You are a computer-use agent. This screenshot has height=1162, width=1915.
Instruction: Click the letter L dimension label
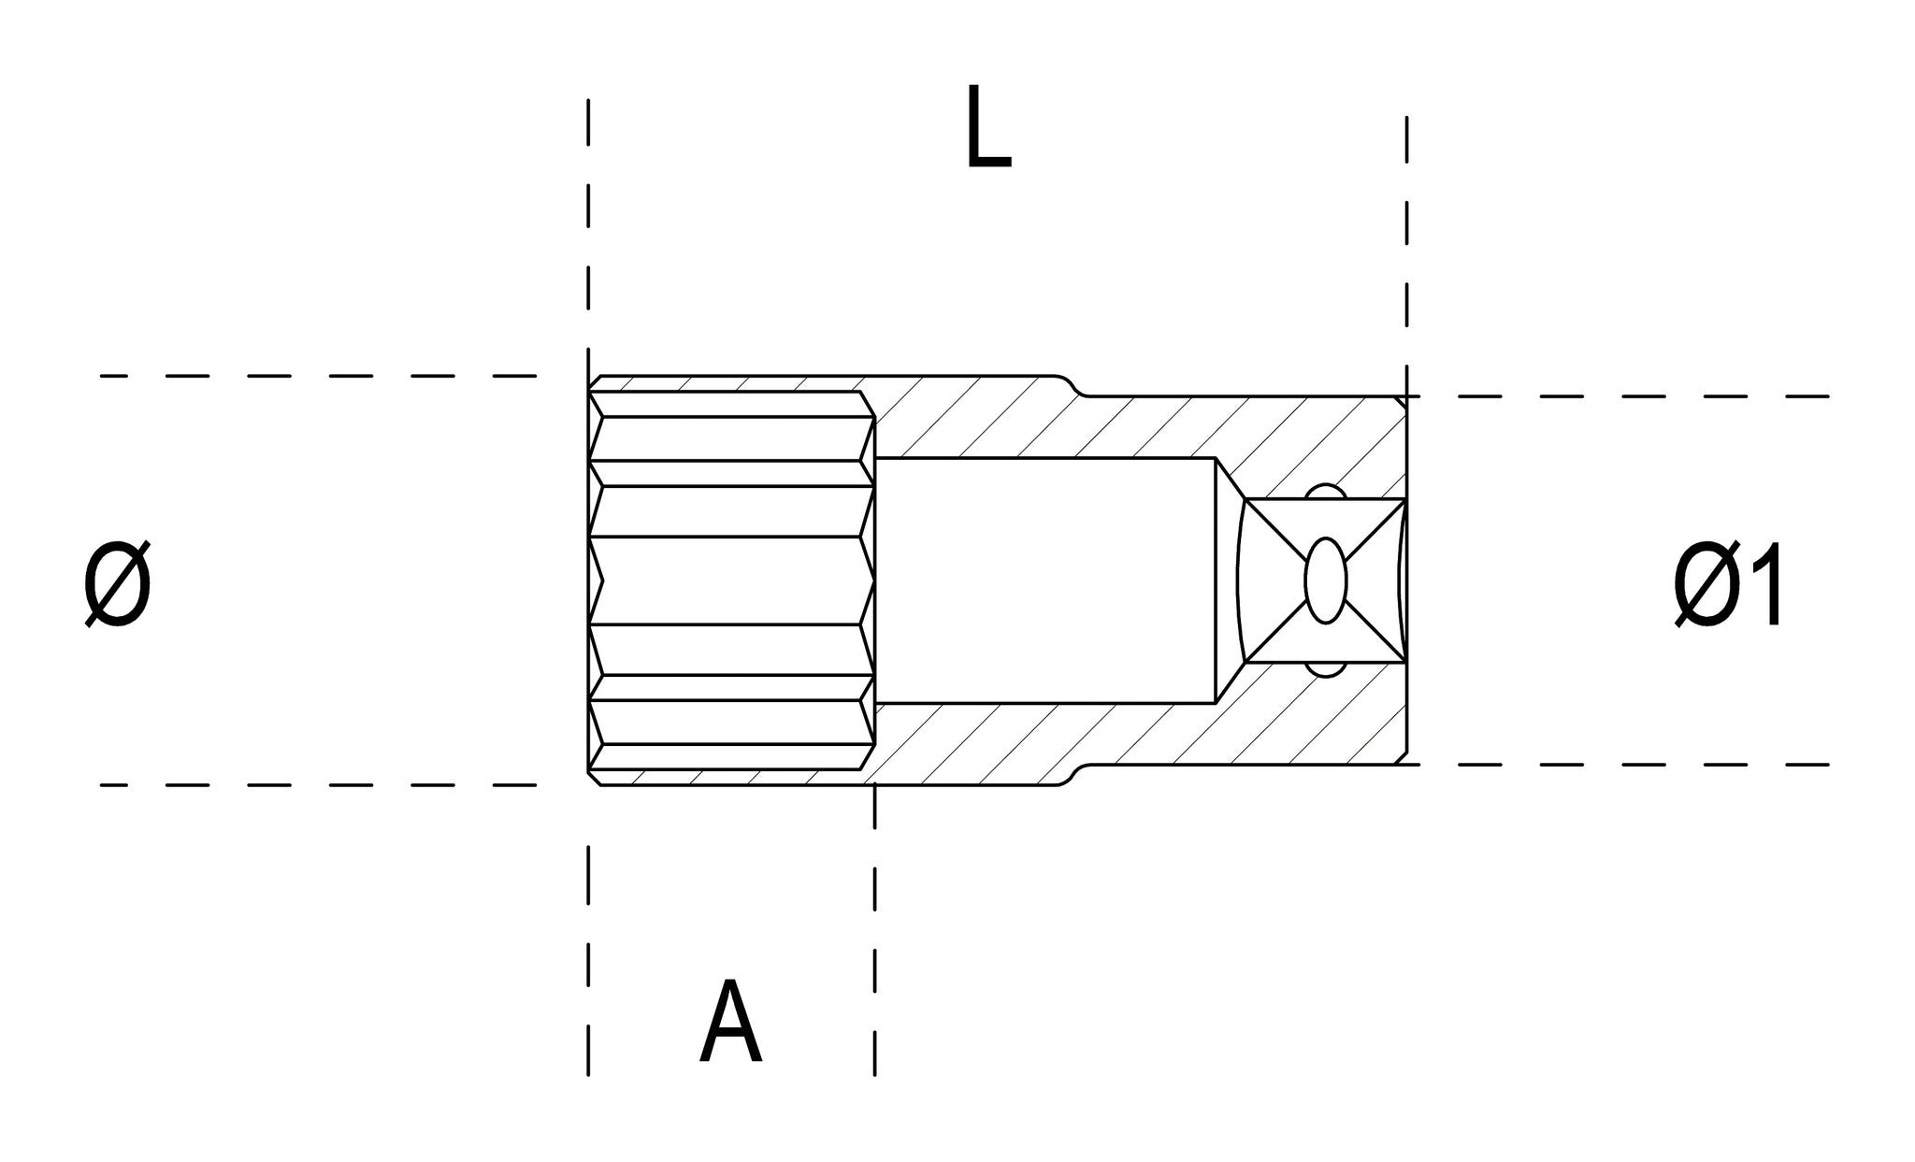pos(987,129)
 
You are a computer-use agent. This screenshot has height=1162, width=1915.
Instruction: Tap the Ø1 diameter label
pos(1729,586)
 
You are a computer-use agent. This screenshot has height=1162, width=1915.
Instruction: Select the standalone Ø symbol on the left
pos(117,586)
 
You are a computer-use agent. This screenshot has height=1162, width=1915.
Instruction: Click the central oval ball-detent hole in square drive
pos(1325,581)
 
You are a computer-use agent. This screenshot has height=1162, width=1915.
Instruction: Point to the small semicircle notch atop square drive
pos(1325,492)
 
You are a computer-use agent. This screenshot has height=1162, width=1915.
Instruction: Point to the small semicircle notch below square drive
pos(1325,668)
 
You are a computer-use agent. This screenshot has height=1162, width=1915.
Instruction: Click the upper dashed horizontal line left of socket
pos(318,376)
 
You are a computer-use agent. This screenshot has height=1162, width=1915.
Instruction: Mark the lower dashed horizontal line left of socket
pos(318,785)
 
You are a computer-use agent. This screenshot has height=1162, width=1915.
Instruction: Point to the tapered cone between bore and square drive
pos(1228,580)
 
